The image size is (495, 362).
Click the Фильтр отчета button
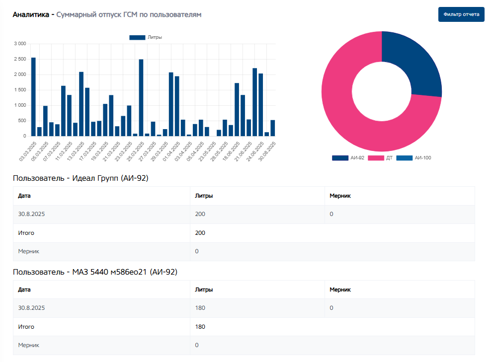(461, 14)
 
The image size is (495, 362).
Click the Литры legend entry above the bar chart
(146, 37)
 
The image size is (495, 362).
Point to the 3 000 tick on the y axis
(20, 44)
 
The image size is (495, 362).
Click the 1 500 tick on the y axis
(20, 90)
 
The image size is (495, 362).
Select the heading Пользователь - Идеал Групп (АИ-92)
(81, 178)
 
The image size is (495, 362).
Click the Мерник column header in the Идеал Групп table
(340, 196)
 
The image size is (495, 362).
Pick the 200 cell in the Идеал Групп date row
(200, 214)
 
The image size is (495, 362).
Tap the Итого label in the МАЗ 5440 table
(26, 327)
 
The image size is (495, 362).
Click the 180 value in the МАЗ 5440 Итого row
(200, 327)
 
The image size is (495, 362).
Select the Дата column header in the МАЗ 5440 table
(24, 290)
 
